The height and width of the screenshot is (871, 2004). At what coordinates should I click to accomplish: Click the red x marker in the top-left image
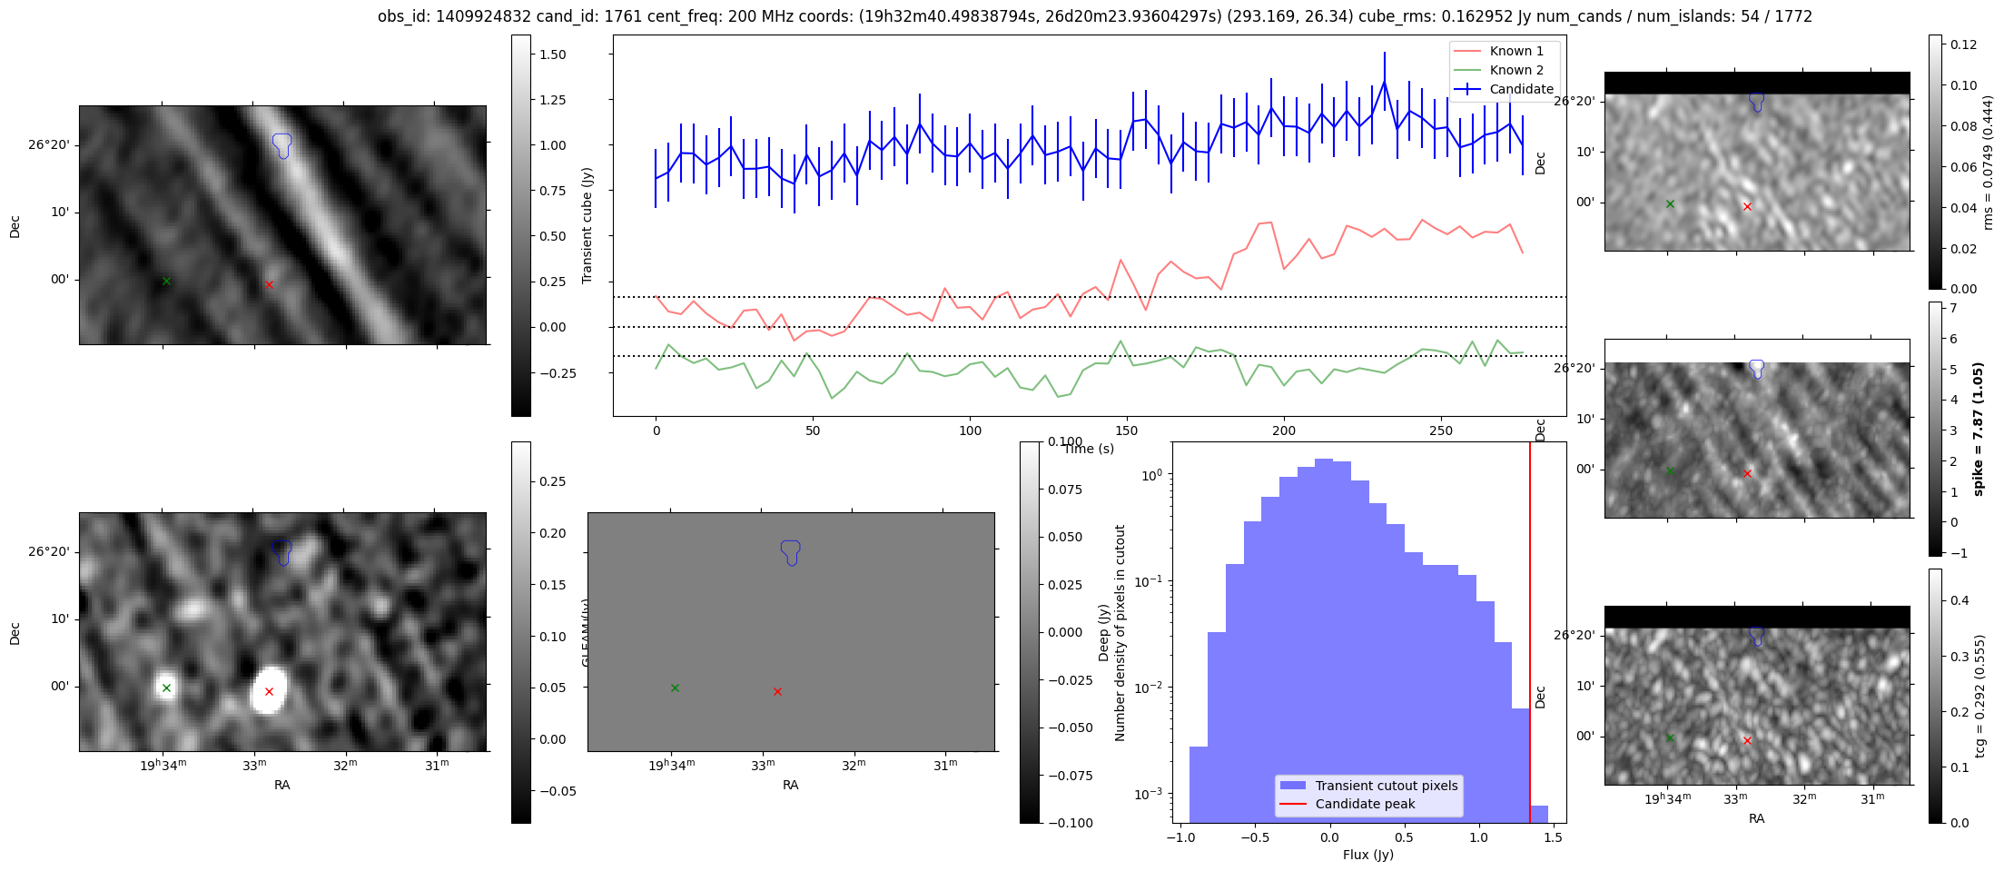(x=269, y=285)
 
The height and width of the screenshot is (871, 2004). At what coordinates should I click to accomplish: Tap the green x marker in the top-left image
(x=166, y=282)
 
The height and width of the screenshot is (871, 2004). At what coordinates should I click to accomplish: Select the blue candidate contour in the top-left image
(x=282, y=144)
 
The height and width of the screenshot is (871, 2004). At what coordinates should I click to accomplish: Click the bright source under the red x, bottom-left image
(x=269, y=690)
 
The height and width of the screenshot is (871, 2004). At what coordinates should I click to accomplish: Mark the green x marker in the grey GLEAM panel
(x=675, y=688)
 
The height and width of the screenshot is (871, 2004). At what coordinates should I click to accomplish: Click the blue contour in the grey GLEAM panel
(x=791, y=551)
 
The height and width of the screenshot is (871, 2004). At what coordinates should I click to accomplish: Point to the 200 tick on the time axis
(x=1284, y=431)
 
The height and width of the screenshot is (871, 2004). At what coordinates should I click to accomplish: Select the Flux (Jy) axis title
(x=1367, y=855)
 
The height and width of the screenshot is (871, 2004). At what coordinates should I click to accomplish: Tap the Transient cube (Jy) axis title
(x=587, y=225)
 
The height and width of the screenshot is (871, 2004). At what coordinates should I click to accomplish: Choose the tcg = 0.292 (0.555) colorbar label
(x=1979, y=696)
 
